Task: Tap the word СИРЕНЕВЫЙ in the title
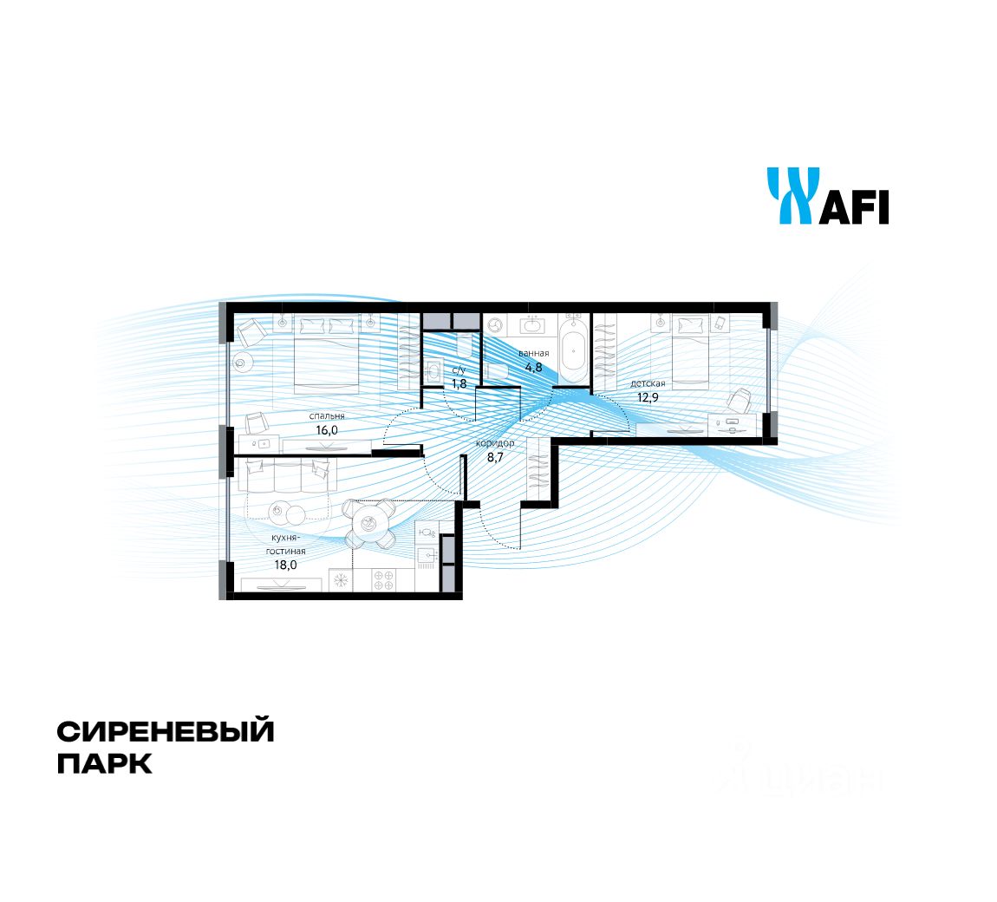tap(166, 731)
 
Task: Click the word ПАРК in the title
tap(105, 764)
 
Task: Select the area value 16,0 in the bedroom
tap(328, 428)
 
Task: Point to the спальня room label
tap(327, 415)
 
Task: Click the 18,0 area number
tap(286, 563)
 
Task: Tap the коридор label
tap(494, 443)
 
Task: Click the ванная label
tap(534, 353)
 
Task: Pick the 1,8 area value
tap(459, 382)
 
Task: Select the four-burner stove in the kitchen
tap(384, 580)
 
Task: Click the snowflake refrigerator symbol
tap(341, 580)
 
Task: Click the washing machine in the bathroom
tap(496, 325)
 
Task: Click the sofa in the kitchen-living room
tap(287, 474)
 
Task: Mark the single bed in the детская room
tap(691, 351)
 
